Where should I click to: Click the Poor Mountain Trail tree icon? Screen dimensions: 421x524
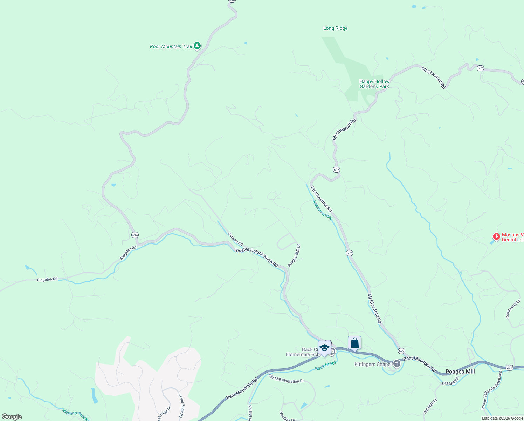pos(197,46)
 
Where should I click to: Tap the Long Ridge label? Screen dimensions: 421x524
pos(335,28)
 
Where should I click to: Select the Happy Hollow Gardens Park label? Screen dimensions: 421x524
pos(374,84)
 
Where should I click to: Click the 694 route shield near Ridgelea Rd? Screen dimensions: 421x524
pos(135,235)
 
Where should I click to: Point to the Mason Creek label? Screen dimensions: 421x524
pos(322,210)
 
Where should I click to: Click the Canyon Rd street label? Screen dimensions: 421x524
pos(235,239)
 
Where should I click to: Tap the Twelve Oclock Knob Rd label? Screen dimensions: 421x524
pos(257,258)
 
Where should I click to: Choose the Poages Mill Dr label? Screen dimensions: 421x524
pos(294,255)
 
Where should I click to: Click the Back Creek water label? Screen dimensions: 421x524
pos(326,366)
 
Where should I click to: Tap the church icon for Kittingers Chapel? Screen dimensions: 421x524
pos(397,363)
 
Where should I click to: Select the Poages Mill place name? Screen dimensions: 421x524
pos(460,372)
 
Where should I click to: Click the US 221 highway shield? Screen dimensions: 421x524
pos(509,367)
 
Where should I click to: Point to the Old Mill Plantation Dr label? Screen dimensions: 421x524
pos(286,379)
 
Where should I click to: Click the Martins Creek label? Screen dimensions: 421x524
pos(75,414)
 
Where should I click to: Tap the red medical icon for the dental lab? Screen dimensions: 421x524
pos(496,237)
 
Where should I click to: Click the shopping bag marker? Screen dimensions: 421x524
pos(354,343)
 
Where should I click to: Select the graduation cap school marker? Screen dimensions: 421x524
pos(324,348)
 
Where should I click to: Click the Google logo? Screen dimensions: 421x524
pos(12,417)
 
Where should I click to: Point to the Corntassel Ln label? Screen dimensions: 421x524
pos(513,309)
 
